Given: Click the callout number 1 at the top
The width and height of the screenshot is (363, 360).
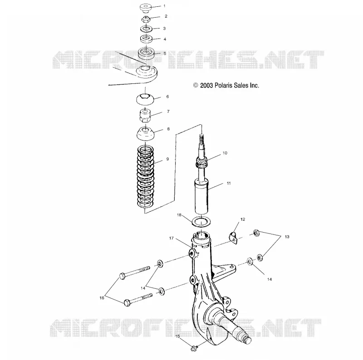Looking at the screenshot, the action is pos(164,6).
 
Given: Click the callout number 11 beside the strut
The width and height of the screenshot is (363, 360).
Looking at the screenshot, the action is pos(229,183).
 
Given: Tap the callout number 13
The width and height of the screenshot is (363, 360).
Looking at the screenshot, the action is pos(287,237).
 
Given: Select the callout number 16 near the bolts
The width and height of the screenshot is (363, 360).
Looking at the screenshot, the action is pos(102,298).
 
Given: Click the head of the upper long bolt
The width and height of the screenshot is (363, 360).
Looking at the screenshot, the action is pos(123,276).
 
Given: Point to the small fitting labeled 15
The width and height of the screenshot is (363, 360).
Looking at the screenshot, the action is pos(194,348).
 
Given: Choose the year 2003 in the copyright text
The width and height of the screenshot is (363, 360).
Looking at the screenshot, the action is pos(206,86).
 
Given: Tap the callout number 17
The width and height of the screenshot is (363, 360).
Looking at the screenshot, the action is pos(172,238).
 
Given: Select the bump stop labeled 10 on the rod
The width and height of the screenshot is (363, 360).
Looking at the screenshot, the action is pos(201,162).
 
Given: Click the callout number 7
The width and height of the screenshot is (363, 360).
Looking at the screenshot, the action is pos(168,111).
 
